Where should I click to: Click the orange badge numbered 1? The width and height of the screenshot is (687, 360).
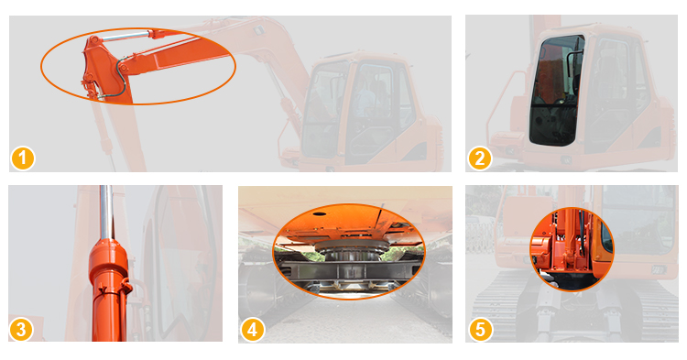(22, 158)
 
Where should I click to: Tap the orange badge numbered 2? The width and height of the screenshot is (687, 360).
(480, 158)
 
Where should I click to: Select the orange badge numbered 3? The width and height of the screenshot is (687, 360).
(21, 329)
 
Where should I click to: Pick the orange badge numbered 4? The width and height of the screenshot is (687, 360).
(253, 330)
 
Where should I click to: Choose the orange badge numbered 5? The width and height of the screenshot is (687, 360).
(481, 330)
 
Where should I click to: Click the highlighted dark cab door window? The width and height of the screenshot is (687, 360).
(555, 92)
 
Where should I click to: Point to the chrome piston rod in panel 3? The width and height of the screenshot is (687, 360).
(105, 213)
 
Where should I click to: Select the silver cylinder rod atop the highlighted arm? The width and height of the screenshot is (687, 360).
(125, 36)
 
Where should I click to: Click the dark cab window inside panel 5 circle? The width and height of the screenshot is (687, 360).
(606, 236)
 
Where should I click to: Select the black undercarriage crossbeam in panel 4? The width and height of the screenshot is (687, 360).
(346, 272)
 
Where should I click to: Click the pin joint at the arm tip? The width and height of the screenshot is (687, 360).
(93, 40)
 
